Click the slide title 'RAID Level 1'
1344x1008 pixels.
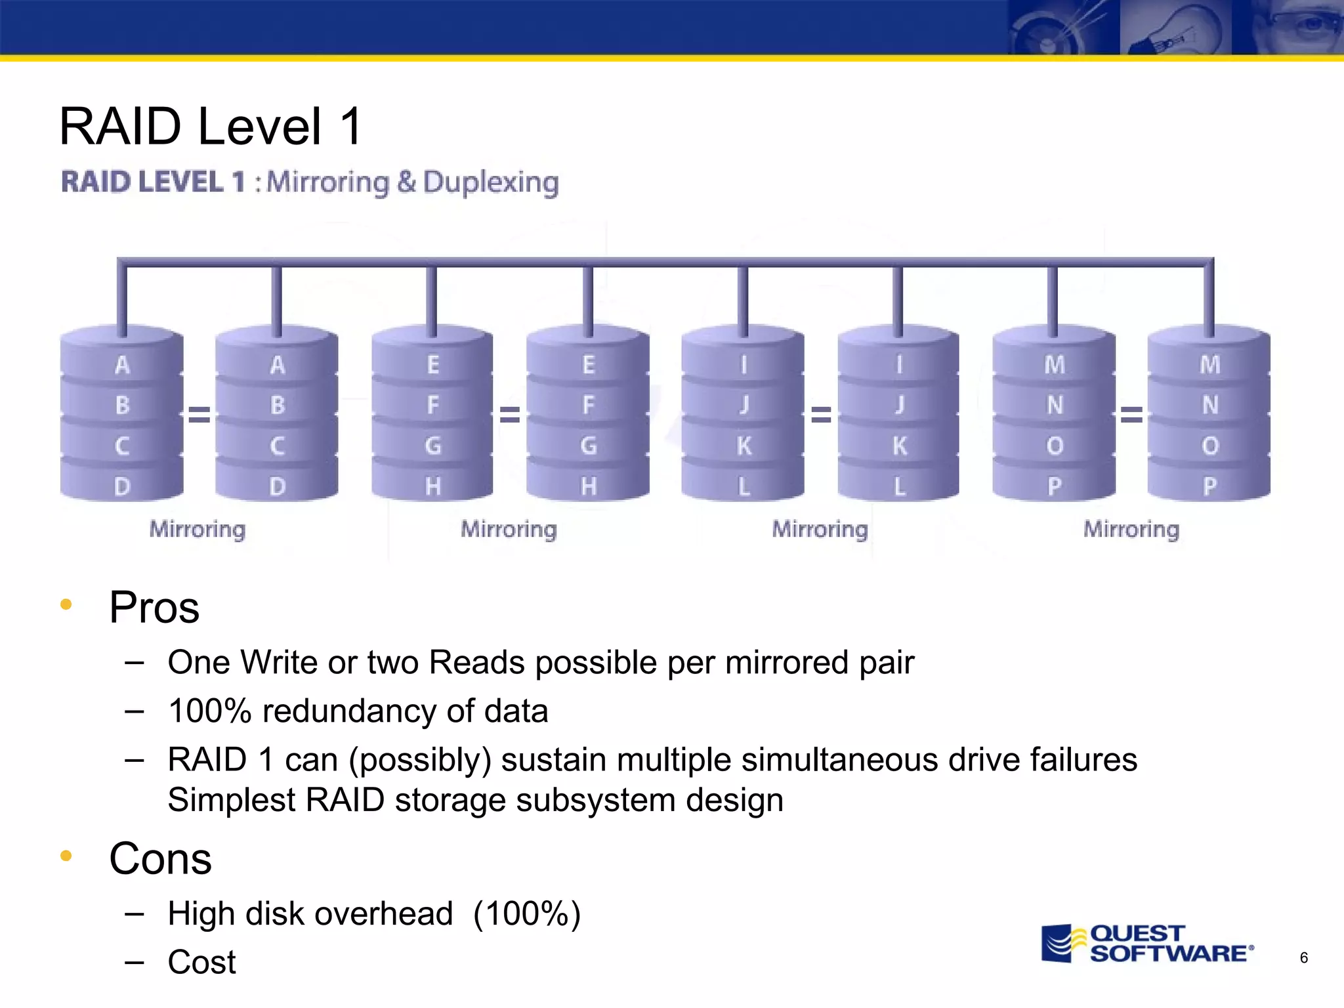pos(211,126)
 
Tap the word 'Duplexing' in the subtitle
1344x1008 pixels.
pos(490,182)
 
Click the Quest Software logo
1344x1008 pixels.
pos(1147,944)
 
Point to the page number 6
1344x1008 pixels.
pos(1303,958)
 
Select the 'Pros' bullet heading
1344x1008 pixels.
pos(154,608)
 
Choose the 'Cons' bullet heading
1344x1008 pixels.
pos(160,858)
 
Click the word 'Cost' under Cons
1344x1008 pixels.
pos(201,962)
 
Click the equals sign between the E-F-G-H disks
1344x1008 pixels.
pos(510,414)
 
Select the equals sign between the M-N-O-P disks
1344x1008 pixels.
pos(1131,414)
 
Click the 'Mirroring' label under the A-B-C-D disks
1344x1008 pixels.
pos(198,529)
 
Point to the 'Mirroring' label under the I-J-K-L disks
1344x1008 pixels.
pos(820,529)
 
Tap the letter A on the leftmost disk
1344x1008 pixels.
pos(122,365)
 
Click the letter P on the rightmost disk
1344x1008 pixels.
pos(1209,486)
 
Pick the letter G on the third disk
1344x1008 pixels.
pos(432,446)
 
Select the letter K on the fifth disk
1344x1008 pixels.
pos(744,446)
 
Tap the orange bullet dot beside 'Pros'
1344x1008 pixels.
pos(66,604)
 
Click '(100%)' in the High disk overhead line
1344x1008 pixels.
pos(527,913)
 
